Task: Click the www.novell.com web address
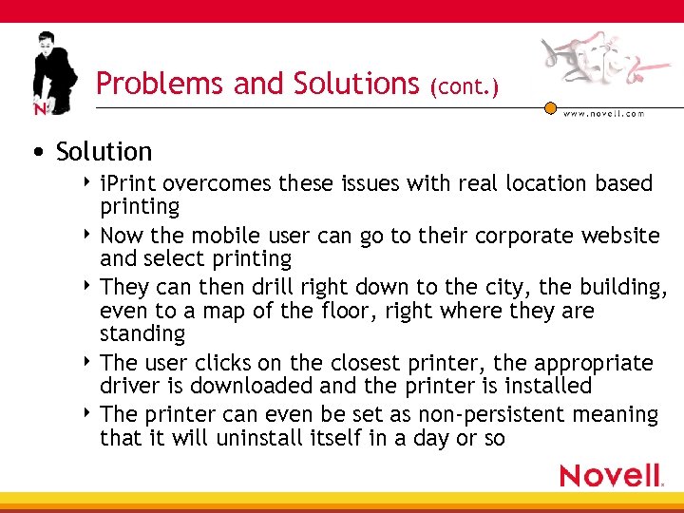pyautogui.click(x=604, y=114)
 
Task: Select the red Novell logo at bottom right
pyautogui.click(x=611, y=475)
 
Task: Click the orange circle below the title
pyautogui.click(x=550, y=108)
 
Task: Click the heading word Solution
pyautogui.click(x=104, y=152)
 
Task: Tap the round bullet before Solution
pyautogui.click(x=35, y=153)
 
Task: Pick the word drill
pyautogui.click(x=269, y=288)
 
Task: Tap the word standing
pyautogui.click(x=142, y=334)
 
